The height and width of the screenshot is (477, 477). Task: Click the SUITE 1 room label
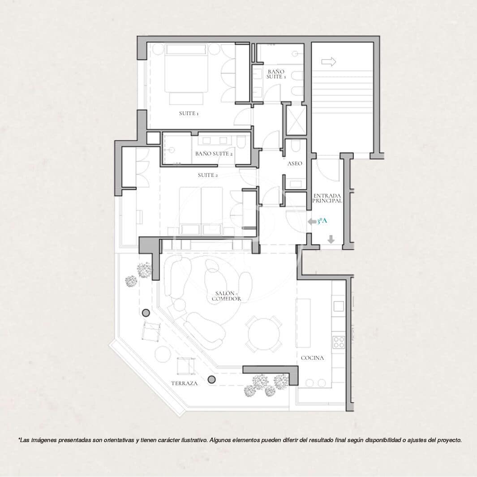click(189, 114)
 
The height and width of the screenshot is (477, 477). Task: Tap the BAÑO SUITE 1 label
click(276, 74)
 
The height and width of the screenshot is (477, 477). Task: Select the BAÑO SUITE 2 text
click(214, 154)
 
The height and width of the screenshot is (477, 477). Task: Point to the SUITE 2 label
click(208, 175)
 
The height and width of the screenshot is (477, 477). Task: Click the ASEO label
click(295, 164)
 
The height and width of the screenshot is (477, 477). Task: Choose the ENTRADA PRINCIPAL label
click(327, 198)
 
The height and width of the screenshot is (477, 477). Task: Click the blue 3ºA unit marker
click(322, 221)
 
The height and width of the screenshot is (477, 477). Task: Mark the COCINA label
click(312, 358)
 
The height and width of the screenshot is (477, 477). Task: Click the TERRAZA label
click(184, 384)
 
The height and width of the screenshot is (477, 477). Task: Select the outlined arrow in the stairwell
click(328, 62)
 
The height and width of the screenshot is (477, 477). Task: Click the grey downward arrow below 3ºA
click(331, 240)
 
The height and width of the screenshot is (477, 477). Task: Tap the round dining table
click(264, 334)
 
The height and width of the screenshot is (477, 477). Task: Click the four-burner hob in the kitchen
click(339, 342)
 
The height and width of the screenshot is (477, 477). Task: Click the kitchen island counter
click(303, 323)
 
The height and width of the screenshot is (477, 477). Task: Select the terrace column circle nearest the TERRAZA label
click(212, 380)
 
